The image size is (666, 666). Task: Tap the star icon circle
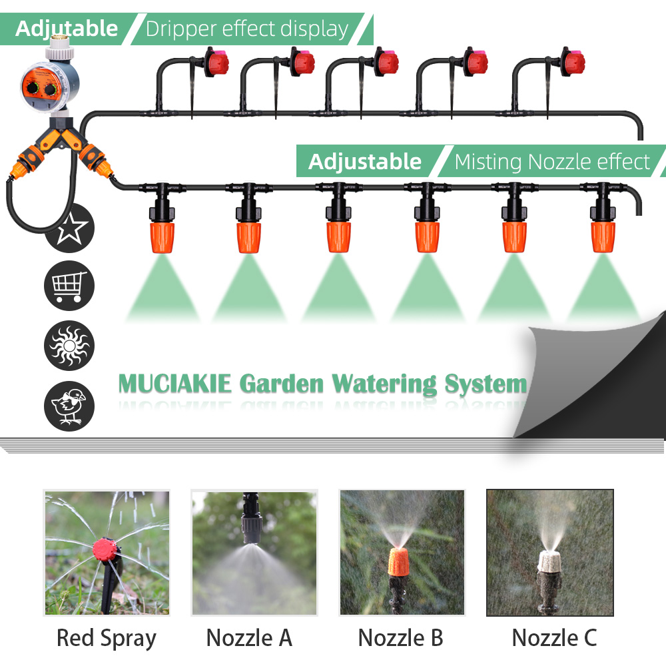[x=69, y=230]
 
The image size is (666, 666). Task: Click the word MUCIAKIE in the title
[x=174, y=384]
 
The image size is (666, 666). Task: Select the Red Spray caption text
[x=106, y=637]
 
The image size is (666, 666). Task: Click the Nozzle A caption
[x=249, y=637]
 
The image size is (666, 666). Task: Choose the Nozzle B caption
[x=400, y=637]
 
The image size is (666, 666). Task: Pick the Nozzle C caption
[x=553, y=637]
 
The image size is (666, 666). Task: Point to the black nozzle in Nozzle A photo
[x=252, y=526]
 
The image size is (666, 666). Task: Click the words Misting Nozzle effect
[x=552, y=162]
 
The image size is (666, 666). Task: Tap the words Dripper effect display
[x=247, y=29]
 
